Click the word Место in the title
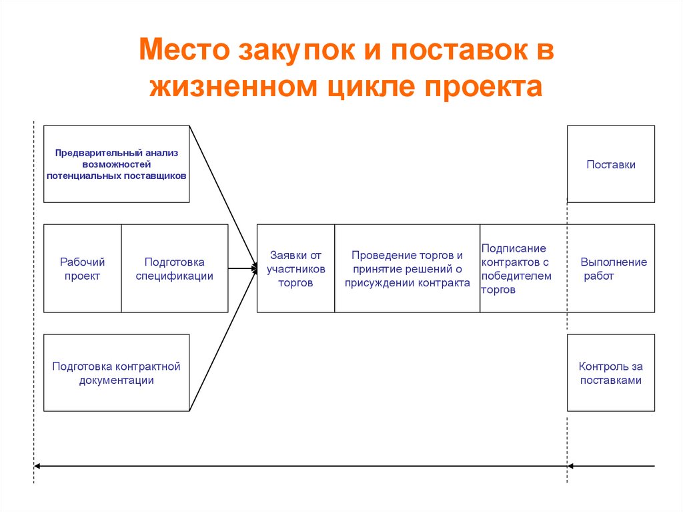[179, 51]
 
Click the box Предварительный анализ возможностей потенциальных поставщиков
[116, 164]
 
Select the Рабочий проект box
[82, 269]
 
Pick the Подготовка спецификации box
[174, 269]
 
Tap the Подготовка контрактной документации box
[116, 373]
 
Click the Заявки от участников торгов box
[295, 269]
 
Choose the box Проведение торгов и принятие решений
[407, 269]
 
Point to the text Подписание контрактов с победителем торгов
[516, 269]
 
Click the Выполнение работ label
[613, 269]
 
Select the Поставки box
[610, 164]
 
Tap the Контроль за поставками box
[610, 373]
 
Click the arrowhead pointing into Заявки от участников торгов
[254, 268]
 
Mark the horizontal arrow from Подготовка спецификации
[240, 268]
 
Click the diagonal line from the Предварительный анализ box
[223, 197]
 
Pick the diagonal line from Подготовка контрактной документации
[223, 340]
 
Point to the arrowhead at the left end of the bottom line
[37, 466]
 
